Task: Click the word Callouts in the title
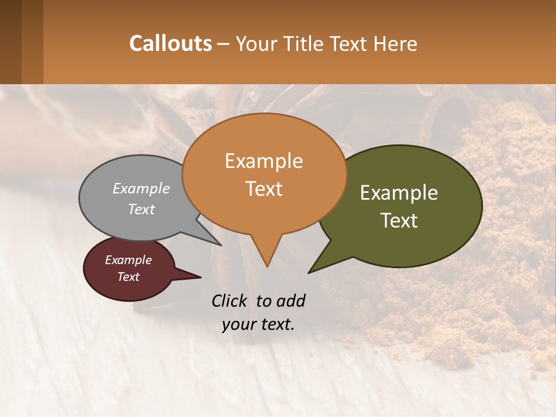click(170, 43)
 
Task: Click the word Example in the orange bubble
click(264, 161)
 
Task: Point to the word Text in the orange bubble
click(264, 189)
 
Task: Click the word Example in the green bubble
click(399, 193)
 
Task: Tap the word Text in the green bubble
click(399, 221)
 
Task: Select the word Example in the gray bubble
click(141, 188)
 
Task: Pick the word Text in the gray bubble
click(141, 209)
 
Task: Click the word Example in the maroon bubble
click(128, 260)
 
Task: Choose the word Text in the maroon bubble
click(128, 277)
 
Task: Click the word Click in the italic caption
click(231, 301)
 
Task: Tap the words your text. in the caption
click(258, 324)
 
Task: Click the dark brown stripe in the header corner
click(10, 42)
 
